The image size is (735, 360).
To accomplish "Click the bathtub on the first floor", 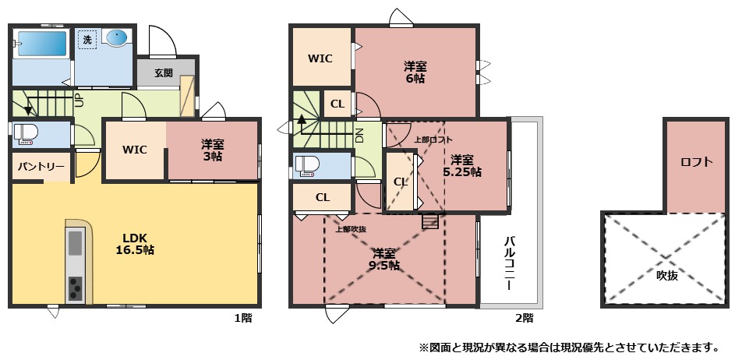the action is pyautogui.click(x=41, y=44).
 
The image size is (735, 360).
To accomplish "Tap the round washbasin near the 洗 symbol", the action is pyautogui.click(x=115, y=38).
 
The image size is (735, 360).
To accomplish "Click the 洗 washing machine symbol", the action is pyautogui.click(x=87, y=41).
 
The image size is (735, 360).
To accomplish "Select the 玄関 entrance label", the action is pyautogui.click(x=164, y=73).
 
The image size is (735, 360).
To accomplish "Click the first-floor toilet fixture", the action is pyautogui.click(x=25, y=133).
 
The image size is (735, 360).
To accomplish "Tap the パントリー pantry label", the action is pyautogui.click(x=41, y=167).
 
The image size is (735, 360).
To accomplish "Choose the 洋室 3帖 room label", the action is pyautogui.click(x=212, y=150).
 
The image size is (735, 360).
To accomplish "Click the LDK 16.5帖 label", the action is pyautogui.click(x=135, y=243).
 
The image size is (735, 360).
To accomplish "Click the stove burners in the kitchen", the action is pyautogui.click(x=75, y=288).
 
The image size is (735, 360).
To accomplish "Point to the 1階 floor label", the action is pyautogui.click(x=243, y=319).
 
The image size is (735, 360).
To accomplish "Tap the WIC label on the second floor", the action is pyautogui.click(x=320, y=58).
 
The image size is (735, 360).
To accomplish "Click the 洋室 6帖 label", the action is pyautogui.click(x=415, y=72).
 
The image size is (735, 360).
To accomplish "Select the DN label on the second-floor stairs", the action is pyautogui.click(x=359, y=135).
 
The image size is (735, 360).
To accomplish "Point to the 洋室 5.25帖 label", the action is pyautogui.click(x=462, y=165).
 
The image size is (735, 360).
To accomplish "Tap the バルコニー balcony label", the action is pyautogui.click(x=510, y=263).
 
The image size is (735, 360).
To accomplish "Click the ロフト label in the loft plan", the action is pyautogui.click(x=697, y=162).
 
